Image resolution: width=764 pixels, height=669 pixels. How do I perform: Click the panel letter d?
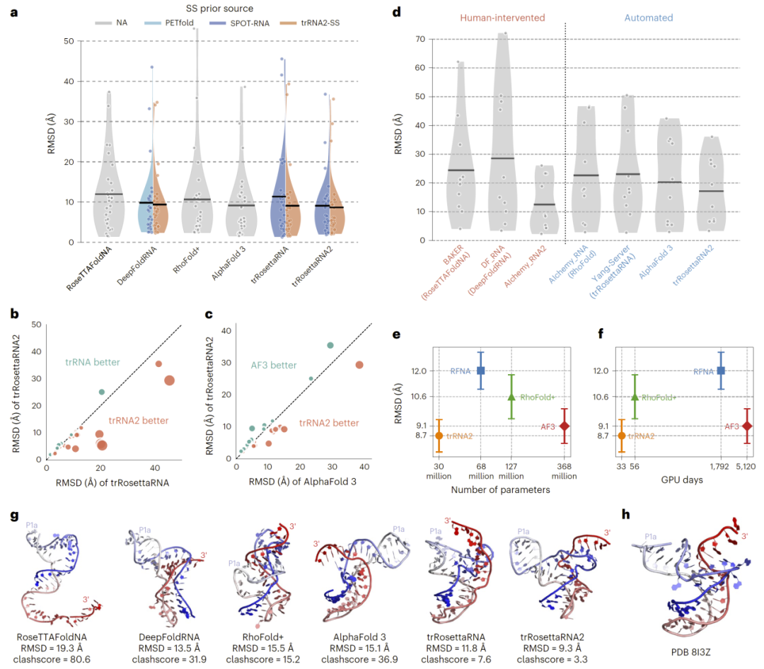(x=397, y=13)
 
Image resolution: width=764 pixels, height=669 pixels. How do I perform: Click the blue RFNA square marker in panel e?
(x=481, y=371)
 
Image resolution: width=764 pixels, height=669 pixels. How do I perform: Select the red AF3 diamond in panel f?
(x=747, y=426)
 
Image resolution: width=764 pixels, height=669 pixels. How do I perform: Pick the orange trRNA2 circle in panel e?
(x=439, y=436)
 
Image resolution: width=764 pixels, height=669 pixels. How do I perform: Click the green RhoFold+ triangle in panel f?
(x=635, y=397)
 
